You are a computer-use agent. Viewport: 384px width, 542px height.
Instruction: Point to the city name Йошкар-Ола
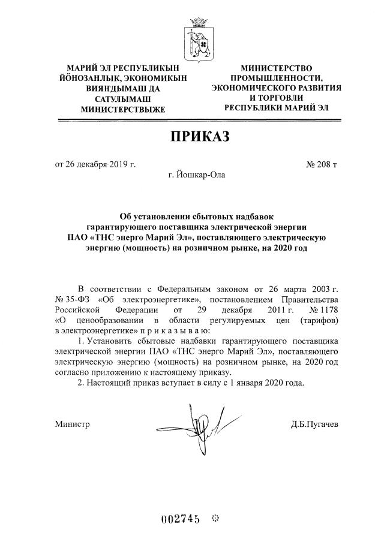(x=197, y=176)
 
